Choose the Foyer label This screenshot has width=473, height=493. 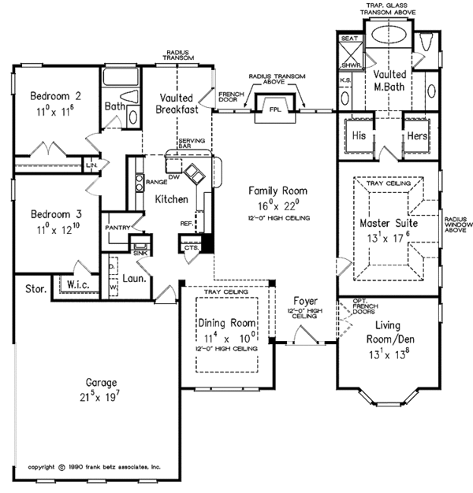304,301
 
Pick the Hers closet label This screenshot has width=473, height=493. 416,135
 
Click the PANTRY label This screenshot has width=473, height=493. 117,228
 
